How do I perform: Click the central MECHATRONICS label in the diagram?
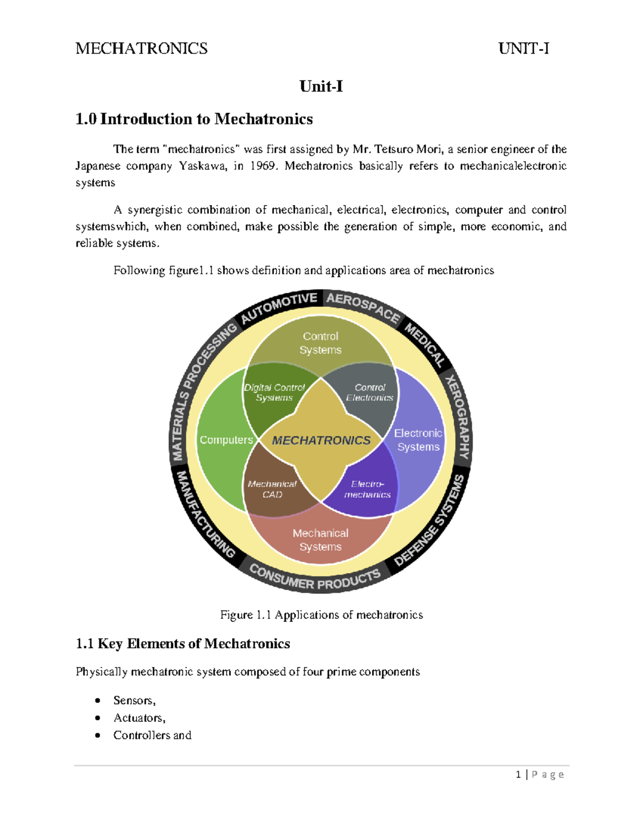click(x=321, y=440)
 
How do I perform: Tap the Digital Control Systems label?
click(x=274, y=393)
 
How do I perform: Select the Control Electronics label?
click(x=370, y=393)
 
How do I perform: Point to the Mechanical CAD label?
click(x=272, y=489)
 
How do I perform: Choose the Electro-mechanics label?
click(x=368, y=489)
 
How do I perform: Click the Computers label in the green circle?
click(x=226, y=440)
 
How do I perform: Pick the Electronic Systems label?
click(x=418, y=440)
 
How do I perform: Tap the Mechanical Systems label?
click(x=320, y=540)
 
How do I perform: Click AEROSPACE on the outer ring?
click(x=363, y=307)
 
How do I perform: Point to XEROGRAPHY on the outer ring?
click(x=459, y=417)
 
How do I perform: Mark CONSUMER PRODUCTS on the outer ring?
click(x=315, y=578)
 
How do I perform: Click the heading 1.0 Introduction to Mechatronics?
click(x=194, y=119)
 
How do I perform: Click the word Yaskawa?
click(x=203, y=166)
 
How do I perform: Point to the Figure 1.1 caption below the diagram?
click(x=322, y=615)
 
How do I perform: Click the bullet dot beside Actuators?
click(x=98, y=718)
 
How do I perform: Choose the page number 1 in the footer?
click(x=518, y=775)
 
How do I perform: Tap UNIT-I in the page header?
click(x=524, y=49)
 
